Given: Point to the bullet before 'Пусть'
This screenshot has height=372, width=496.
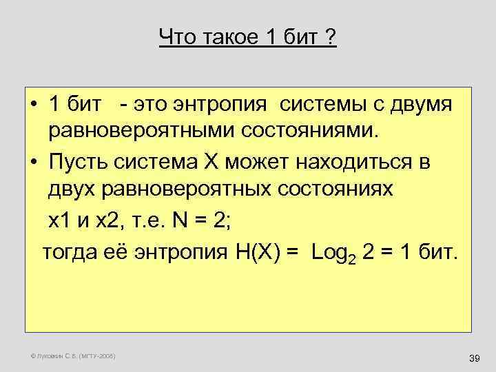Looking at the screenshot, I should (x=33, y=164).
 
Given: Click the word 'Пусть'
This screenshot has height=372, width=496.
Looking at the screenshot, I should (x=82, y=163).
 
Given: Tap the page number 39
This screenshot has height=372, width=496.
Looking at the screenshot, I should (x=473, y=358).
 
